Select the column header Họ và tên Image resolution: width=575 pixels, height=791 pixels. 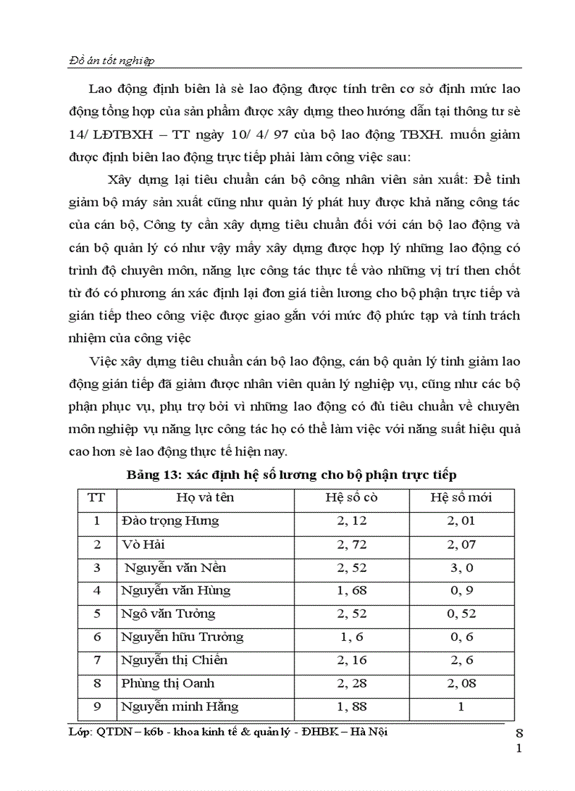205,497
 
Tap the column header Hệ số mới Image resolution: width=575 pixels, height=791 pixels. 462,497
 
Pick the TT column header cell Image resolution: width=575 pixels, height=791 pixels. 97,497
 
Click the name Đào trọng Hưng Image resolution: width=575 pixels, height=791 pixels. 170,521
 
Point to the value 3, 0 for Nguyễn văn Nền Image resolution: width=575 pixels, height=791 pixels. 462,568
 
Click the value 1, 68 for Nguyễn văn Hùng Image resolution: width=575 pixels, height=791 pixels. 352,590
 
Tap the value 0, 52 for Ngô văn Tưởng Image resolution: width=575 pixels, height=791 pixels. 462,614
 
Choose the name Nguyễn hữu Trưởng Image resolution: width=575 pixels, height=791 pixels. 182,637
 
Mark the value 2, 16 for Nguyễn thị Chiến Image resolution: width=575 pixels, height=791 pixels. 352,660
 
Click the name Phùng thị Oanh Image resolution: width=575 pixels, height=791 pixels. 168,683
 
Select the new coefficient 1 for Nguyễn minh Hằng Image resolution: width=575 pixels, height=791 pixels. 462,706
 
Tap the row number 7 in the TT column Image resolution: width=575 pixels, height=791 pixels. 97,660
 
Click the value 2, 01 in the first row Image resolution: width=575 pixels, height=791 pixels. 462,521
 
